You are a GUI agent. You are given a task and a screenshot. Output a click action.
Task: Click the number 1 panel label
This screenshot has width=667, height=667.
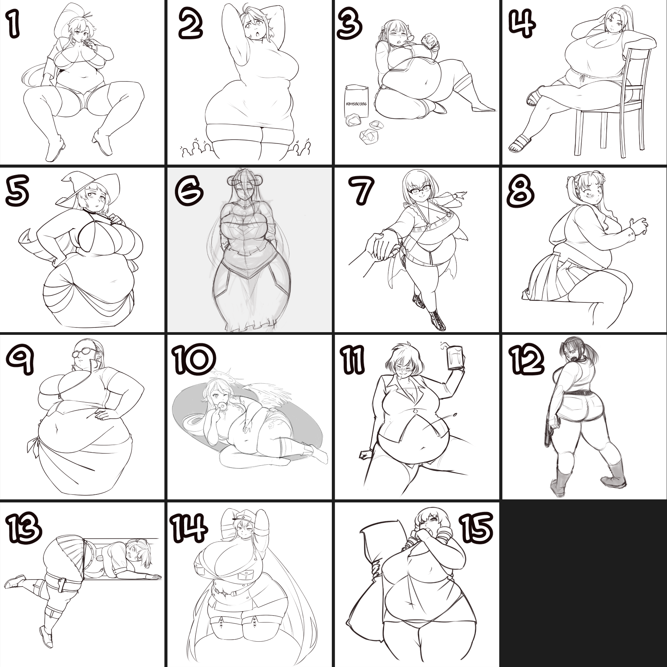13,23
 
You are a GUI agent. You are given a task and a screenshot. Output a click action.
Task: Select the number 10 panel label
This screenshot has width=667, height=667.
194,359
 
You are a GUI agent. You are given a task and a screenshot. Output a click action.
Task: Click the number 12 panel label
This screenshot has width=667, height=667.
526,360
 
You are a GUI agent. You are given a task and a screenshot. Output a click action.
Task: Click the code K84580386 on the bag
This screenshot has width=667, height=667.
356,104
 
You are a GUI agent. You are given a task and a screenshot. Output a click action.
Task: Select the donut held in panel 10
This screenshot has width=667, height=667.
223,406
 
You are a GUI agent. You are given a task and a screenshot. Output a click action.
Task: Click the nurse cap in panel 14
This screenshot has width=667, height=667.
244,516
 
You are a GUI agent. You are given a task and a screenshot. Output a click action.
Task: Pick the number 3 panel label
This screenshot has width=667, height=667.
349,23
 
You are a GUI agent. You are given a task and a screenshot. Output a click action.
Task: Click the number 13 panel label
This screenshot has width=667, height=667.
23,527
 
